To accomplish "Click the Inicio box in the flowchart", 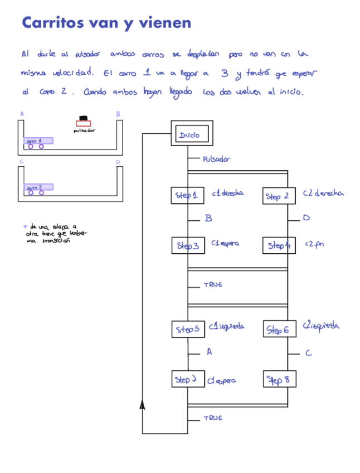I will coord(191,134).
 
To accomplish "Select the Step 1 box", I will coord(187,195).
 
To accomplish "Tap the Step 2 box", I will coord(279,196).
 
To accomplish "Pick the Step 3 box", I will coord(188,245).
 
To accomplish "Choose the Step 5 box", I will coord(188,329).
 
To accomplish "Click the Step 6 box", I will coord(279,330).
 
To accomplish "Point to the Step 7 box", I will coord(188,379).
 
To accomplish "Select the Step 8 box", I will coord(279,380).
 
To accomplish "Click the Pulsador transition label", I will coord(216,159).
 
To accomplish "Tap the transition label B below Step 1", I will coord(208,219).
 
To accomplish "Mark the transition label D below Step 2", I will coord(306,218).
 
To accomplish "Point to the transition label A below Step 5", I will coord(209,352).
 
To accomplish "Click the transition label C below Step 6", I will coord(308,353).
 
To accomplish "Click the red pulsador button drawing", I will coord(84,122).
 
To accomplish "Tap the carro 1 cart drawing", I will coord(38,142).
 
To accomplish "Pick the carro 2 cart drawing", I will coord(38,189).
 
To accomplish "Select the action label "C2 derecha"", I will coord(323,193).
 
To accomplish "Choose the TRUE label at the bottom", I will coord(213,418).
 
